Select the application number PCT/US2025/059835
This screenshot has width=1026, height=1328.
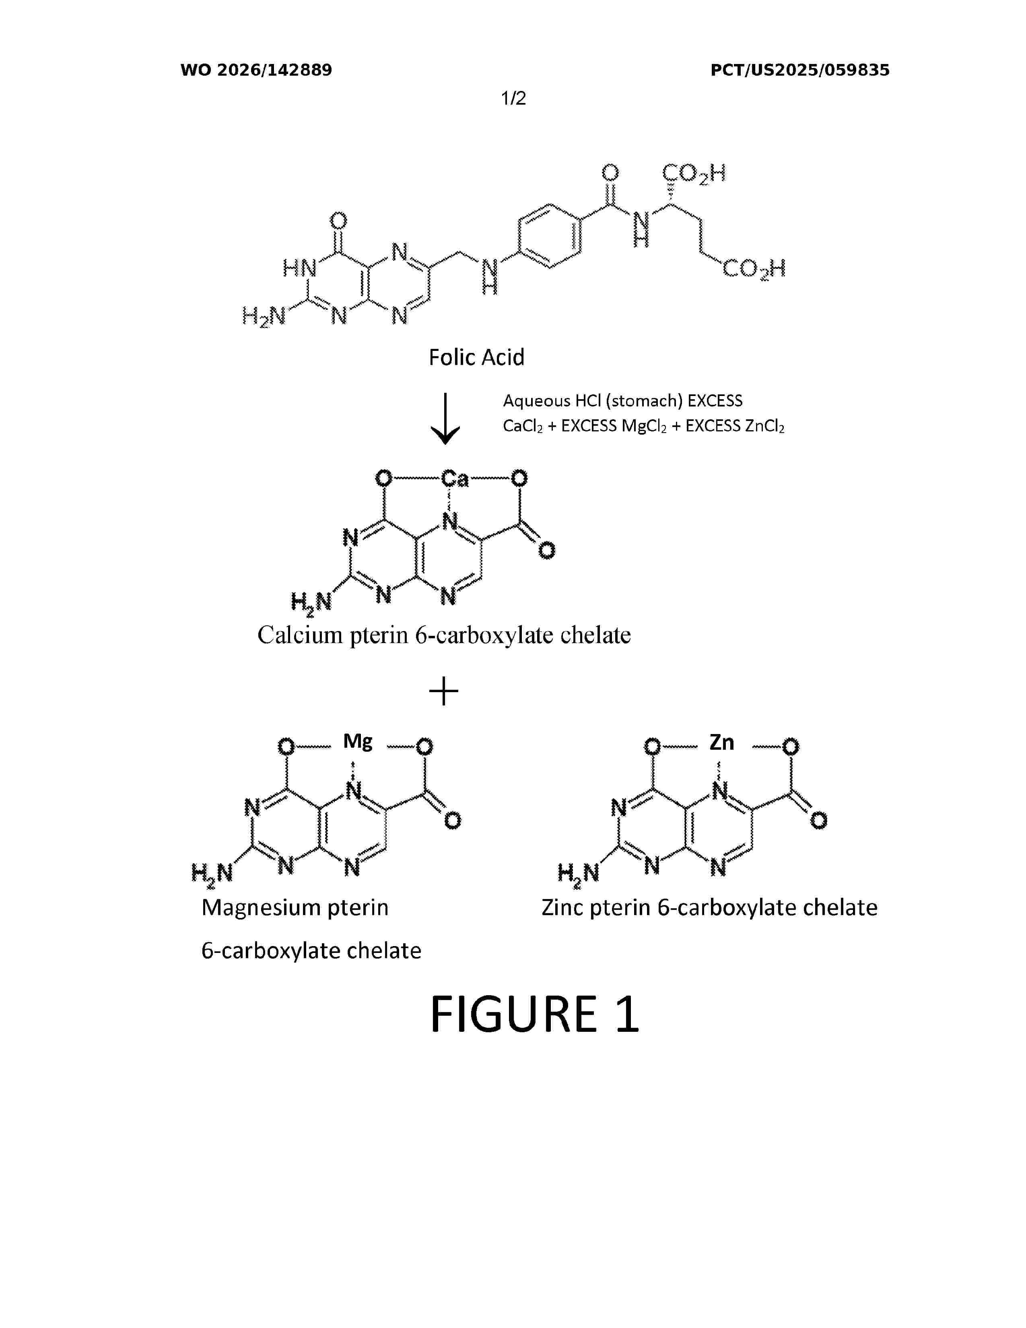800,70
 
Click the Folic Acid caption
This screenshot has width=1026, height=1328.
476,357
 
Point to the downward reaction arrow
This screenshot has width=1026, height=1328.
445,419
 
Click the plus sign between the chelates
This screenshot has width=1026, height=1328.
444,691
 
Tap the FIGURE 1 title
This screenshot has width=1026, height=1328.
534,1014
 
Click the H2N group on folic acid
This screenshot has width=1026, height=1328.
264,317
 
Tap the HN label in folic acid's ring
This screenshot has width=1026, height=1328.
300,268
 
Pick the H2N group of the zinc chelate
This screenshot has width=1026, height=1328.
579,874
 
